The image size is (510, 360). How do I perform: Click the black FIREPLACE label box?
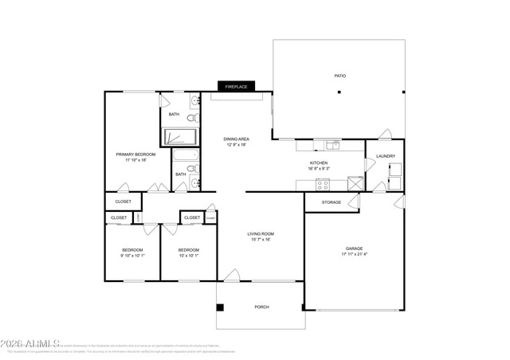(x=234, y=86)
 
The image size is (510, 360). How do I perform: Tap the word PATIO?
(x=339, y=76)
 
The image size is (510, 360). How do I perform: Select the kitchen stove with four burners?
(x=323, y=185)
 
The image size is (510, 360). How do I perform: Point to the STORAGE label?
(x=331, y=202)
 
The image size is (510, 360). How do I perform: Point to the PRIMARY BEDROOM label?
(x=135, y=154)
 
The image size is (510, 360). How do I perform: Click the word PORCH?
(x=261, y=307)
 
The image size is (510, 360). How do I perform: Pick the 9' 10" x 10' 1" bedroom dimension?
(x=132, y=256)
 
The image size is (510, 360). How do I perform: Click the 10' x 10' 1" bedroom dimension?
(x=189, y=256)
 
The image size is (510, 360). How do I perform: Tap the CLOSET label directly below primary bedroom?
(x=124, y=202)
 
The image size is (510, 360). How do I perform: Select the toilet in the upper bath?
(x=194, y=118)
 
